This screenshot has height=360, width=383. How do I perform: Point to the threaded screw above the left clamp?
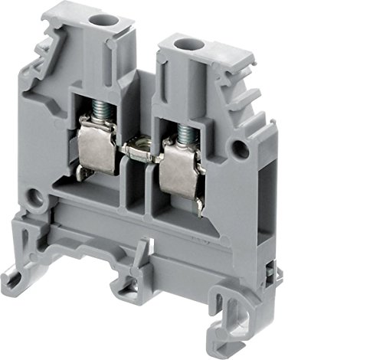(x=100, y=115)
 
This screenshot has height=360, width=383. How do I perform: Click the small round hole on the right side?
(x=244, y=145)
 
